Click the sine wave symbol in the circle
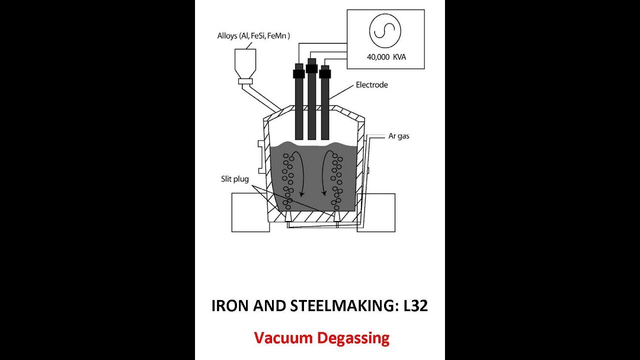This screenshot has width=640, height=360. pos(384,30)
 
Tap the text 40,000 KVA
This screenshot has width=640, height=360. pos(386,57)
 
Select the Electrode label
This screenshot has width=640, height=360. pos(371,85)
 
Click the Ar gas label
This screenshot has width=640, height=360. pos(398,136)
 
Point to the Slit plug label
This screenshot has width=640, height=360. pos(235,179)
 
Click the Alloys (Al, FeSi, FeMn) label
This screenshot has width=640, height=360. pos(253,36)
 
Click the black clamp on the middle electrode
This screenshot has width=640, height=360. pos(311,68)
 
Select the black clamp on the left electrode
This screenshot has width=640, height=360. pos(299,73)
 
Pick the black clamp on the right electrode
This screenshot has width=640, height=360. pos(325,73)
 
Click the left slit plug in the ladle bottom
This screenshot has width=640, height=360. pos(288,216)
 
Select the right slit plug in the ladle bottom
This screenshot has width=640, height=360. pos(337,216)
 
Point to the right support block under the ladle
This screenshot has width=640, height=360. pos(376,212)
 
